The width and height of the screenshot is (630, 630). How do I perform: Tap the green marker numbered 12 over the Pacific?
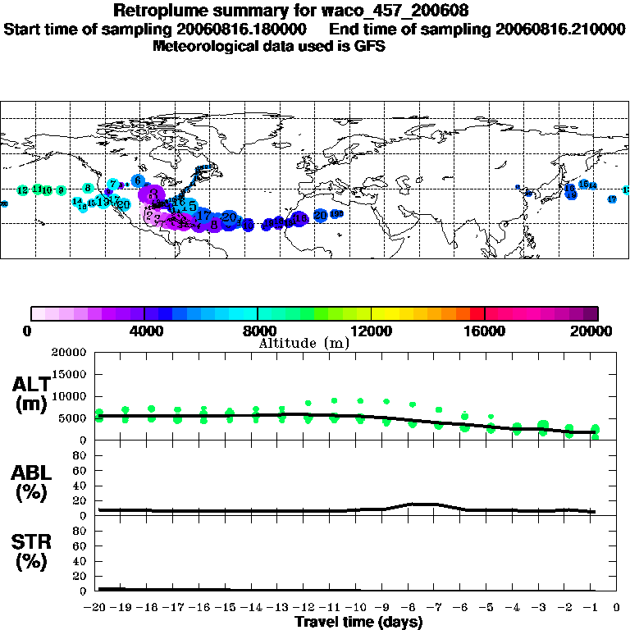[22, 189]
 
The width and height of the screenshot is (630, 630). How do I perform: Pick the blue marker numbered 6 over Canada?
[138, 180]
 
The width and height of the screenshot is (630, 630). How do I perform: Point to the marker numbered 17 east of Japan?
[612, 199]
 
